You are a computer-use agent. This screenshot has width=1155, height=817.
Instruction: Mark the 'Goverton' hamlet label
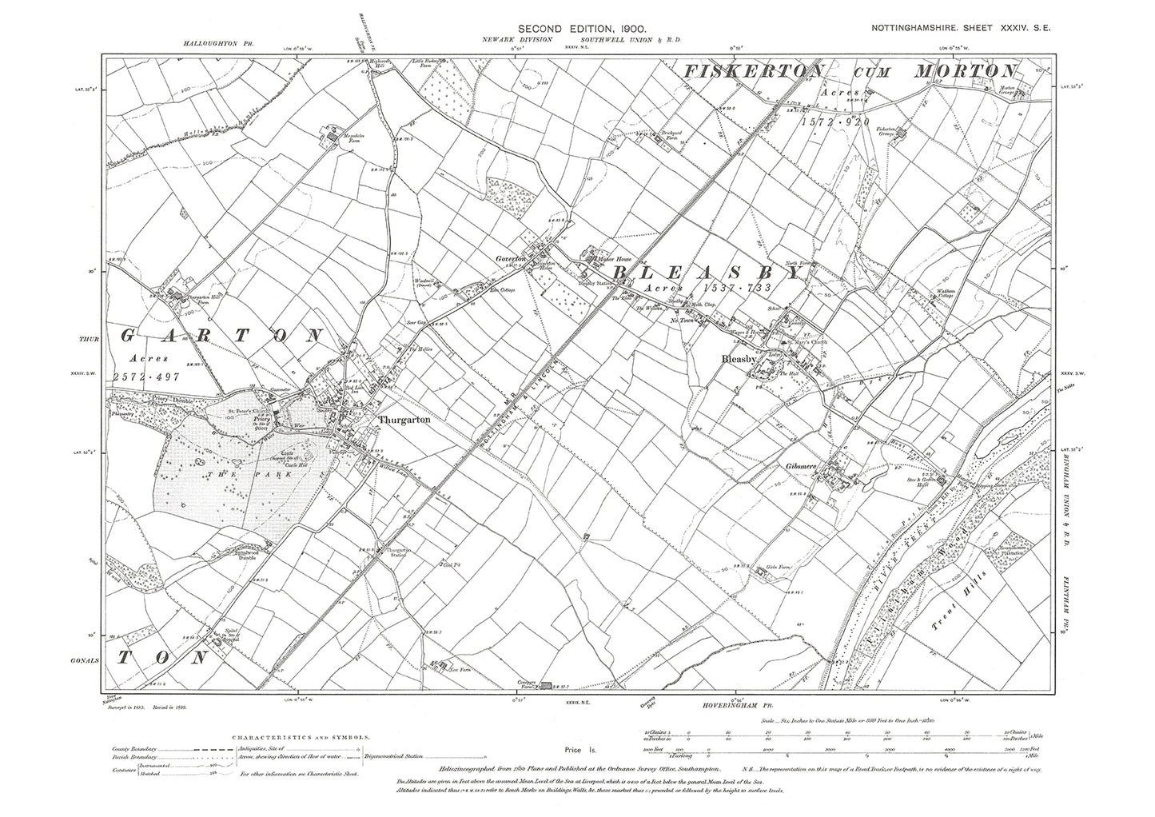(509, 260)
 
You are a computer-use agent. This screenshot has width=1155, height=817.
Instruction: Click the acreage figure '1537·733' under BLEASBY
(739, 287)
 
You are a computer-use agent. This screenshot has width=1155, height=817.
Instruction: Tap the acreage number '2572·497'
(153, 376)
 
